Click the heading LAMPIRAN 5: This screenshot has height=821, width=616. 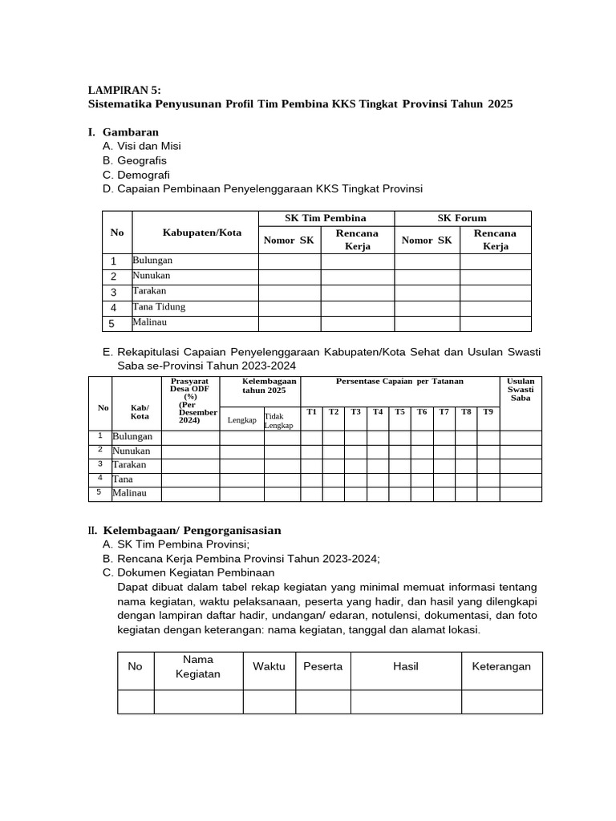point(124,91)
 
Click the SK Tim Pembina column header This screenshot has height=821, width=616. point(326,218)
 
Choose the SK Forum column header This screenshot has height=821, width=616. point(462,218)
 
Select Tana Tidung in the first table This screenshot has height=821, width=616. point(159,307)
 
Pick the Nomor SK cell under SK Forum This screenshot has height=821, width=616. point(427,240)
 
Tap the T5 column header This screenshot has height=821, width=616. point(399,412)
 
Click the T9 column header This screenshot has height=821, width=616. point(487,412)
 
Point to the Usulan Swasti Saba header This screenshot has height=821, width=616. point(521,390)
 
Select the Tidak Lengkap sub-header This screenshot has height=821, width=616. point(282,421)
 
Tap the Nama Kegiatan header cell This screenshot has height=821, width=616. point(198,666)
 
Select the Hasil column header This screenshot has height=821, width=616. point(405,666)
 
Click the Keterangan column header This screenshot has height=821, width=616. point(501,666)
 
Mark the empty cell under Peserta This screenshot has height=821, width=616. point(322,702)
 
